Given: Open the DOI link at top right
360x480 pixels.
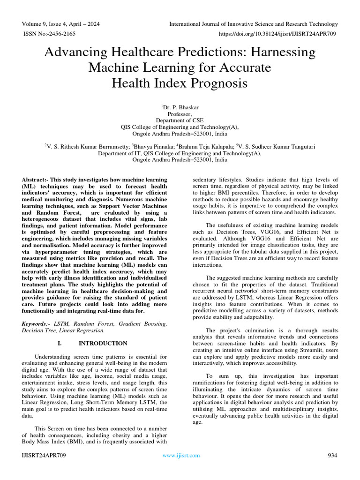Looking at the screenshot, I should [x=278, y=34].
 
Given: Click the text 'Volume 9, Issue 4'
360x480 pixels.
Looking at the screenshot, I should [x=47, y=24].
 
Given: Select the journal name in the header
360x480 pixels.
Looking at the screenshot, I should [x=253, y=24].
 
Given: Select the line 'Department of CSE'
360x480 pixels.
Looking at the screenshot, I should [x=180, y=120].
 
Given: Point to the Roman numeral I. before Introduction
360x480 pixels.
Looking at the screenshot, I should [x=60, y=343].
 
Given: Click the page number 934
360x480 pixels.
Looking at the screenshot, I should [x=332, y=455].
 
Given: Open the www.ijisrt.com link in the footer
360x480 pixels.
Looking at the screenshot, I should [x=181, y=455].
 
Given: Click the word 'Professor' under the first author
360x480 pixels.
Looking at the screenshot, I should [x=179, y=114].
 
